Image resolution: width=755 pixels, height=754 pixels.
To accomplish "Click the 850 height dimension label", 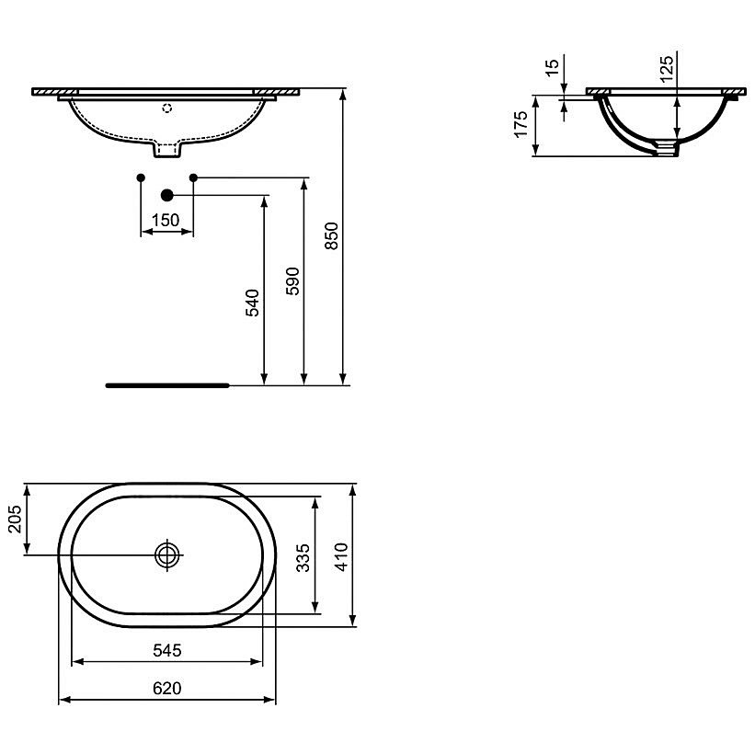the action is coord(332,235).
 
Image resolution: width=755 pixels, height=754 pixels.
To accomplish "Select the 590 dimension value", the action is coord(292,281).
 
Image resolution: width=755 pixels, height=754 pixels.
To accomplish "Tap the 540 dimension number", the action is coord(253,303).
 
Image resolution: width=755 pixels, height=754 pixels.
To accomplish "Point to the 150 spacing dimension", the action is coord(166,220).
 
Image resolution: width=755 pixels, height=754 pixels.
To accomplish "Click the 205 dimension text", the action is coord(16,519).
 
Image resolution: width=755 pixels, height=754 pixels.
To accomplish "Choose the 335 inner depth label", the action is coord(303,558).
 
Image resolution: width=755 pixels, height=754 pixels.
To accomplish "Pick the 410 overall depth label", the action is coord(341,557).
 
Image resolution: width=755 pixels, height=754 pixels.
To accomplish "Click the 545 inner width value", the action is coord(167,650).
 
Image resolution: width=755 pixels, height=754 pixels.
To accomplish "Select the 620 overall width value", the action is coord(167,689).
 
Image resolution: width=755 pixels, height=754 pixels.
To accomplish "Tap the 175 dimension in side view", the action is coord(521,125).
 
